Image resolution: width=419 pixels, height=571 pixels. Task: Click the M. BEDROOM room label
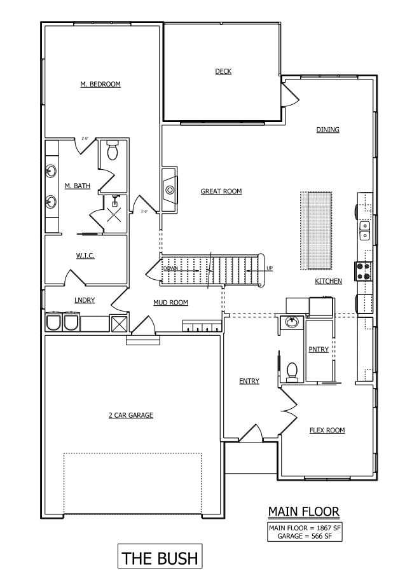point(100,84)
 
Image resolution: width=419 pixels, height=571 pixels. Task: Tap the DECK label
point(223,71)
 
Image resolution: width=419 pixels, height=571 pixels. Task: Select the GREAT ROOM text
point(221,191)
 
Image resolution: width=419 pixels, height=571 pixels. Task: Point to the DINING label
point(328,130)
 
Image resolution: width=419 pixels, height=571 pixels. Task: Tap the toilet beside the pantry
point(293,371)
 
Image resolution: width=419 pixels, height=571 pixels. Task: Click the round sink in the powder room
point(292,322)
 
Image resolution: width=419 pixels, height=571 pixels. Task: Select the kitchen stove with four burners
point(365,272)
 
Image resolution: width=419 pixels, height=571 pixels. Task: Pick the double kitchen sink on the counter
point(365,230)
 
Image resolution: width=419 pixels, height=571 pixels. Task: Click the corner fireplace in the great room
point(170,188)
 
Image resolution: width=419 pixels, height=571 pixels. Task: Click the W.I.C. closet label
point(86,256)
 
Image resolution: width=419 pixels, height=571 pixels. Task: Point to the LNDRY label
point(85,300)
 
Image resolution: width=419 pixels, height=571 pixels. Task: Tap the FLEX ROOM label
point(327,430)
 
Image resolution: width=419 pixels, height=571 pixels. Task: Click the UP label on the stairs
point(269,268)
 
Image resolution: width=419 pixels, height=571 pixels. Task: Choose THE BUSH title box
point(160,558)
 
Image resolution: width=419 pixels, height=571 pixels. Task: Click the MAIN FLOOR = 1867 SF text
point(304,527)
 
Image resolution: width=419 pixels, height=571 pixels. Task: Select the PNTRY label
point(318,349)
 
